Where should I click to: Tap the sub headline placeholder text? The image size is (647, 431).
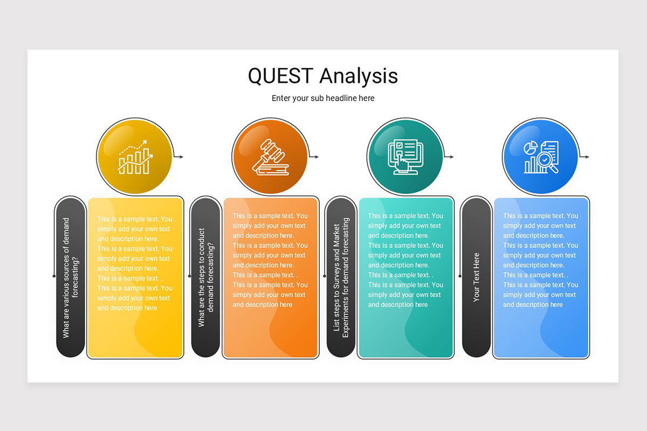(x=323, y=98)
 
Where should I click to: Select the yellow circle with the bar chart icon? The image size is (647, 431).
(x=134, y=157)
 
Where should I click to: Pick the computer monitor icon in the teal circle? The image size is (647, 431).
(x=405, y=157)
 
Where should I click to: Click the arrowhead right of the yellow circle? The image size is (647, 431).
(x=181, y=157)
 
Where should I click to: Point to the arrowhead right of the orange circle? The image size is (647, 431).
(x=316, y=157)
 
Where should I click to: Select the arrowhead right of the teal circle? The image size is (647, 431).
(x=451, y=157)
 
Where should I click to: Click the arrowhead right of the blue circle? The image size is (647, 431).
(x=587, y=157)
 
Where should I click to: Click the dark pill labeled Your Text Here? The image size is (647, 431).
(x=476, y=277)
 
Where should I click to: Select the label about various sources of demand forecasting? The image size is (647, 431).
(x=71, y=277)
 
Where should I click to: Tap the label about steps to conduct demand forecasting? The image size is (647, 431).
(x=206, y=277)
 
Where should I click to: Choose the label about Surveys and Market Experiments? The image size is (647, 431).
(x=341, y=277)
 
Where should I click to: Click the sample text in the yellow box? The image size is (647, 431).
(x=135, y=263)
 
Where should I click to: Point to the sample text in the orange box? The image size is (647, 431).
(x=270, y=260)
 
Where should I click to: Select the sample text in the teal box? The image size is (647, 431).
(x=405, y=260)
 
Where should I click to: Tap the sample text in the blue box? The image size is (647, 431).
(x=541, y=260)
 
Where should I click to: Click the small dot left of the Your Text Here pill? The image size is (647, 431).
(x=459, y=276)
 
